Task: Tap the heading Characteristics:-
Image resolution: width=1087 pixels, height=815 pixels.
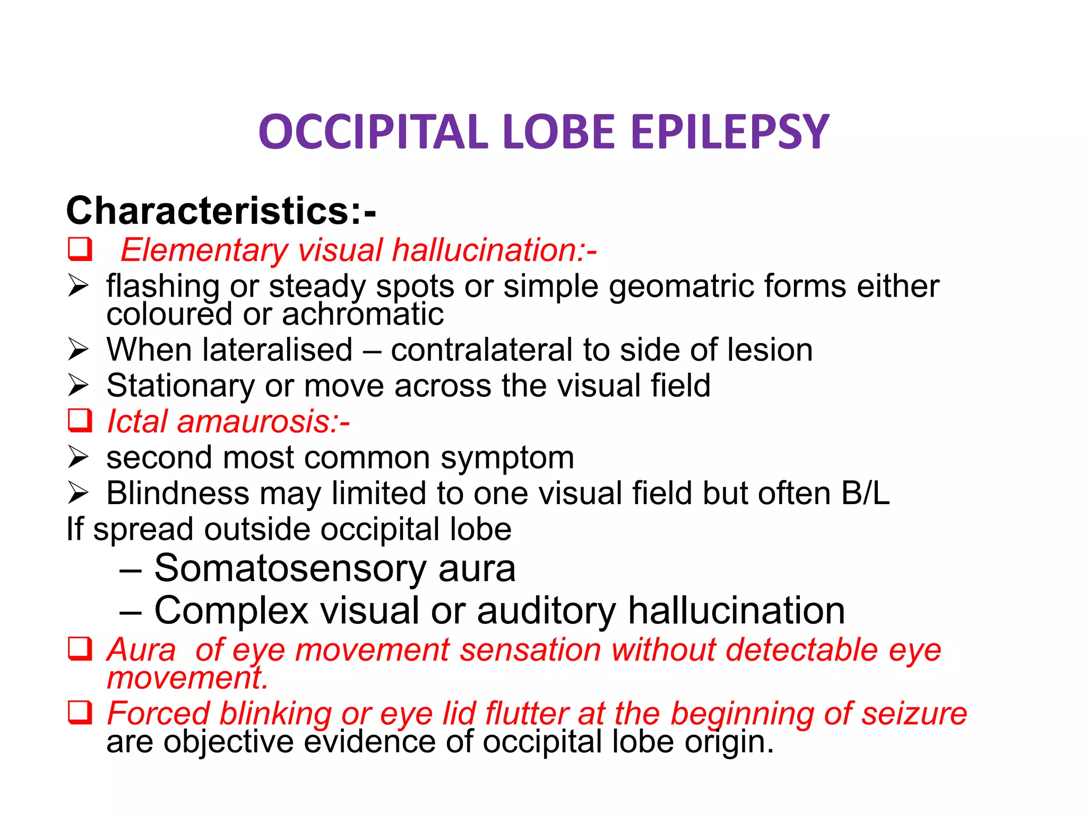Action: coord(221,211)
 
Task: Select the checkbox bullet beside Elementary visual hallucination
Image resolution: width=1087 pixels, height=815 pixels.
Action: coord(80,249)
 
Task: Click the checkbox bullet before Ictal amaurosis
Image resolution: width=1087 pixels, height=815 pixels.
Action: coord(80,421)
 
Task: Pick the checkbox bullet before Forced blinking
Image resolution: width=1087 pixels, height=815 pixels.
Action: coord(80,713)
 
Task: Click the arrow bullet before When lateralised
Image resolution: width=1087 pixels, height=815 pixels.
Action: coord(78,350)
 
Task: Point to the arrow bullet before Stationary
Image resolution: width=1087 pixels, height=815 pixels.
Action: coord(78,385)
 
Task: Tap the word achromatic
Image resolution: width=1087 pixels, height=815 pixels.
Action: coord(363,314)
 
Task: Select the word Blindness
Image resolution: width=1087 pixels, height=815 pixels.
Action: coord(178,493)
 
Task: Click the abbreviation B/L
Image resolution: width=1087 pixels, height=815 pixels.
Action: coord(865,493)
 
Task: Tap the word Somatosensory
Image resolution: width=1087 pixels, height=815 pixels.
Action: coord(290,568)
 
